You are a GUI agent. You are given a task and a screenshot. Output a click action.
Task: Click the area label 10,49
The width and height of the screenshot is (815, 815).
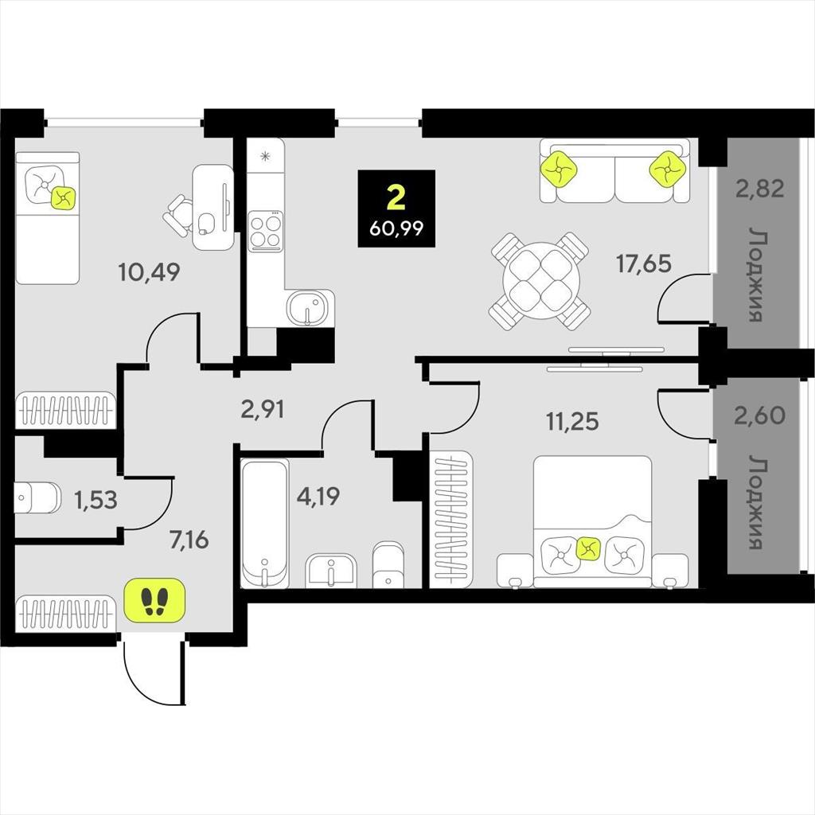(x=149, y=272)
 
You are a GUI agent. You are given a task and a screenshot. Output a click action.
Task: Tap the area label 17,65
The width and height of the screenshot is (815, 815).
(x=643, y=263)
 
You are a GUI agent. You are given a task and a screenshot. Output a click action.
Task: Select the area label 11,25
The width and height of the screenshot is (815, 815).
(x=572, y=421)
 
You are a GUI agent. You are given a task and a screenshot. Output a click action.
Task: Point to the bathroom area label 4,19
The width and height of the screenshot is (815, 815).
(x=318, y=496)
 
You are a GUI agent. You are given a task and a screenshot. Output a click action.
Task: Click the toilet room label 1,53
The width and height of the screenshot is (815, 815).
(x=96, y=500)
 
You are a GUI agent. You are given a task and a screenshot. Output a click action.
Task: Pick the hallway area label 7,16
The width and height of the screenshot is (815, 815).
(x=189, y=540)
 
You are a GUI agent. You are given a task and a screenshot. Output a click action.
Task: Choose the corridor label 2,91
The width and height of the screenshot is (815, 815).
(x=263, y=410)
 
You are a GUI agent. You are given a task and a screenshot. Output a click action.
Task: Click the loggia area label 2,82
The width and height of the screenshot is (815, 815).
(x=759, y=188)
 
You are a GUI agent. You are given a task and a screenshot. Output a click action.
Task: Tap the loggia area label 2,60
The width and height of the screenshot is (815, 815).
(x=759, y=415)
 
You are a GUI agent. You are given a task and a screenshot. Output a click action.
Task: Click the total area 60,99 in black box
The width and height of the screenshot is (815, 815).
(x=396, y=228)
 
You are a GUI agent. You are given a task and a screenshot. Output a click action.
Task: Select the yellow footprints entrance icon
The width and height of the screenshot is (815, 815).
(x=155, y=600)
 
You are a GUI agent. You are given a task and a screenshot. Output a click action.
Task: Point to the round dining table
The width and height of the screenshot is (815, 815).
(x=540, y=281)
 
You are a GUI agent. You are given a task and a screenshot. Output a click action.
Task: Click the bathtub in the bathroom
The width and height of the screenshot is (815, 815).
(x=265, y=523)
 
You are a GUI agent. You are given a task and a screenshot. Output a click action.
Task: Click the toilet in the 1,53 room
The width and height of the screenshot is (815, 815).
(x=37, y=497)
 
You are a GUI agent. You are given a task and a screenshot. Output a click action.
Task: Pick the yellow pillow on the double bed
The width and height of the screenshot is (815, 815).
(x=588, y=549)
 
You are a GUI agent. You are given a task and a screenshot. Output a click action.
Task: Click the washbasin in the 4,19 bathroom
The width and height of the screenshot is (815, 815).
(x=331, y=570)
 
